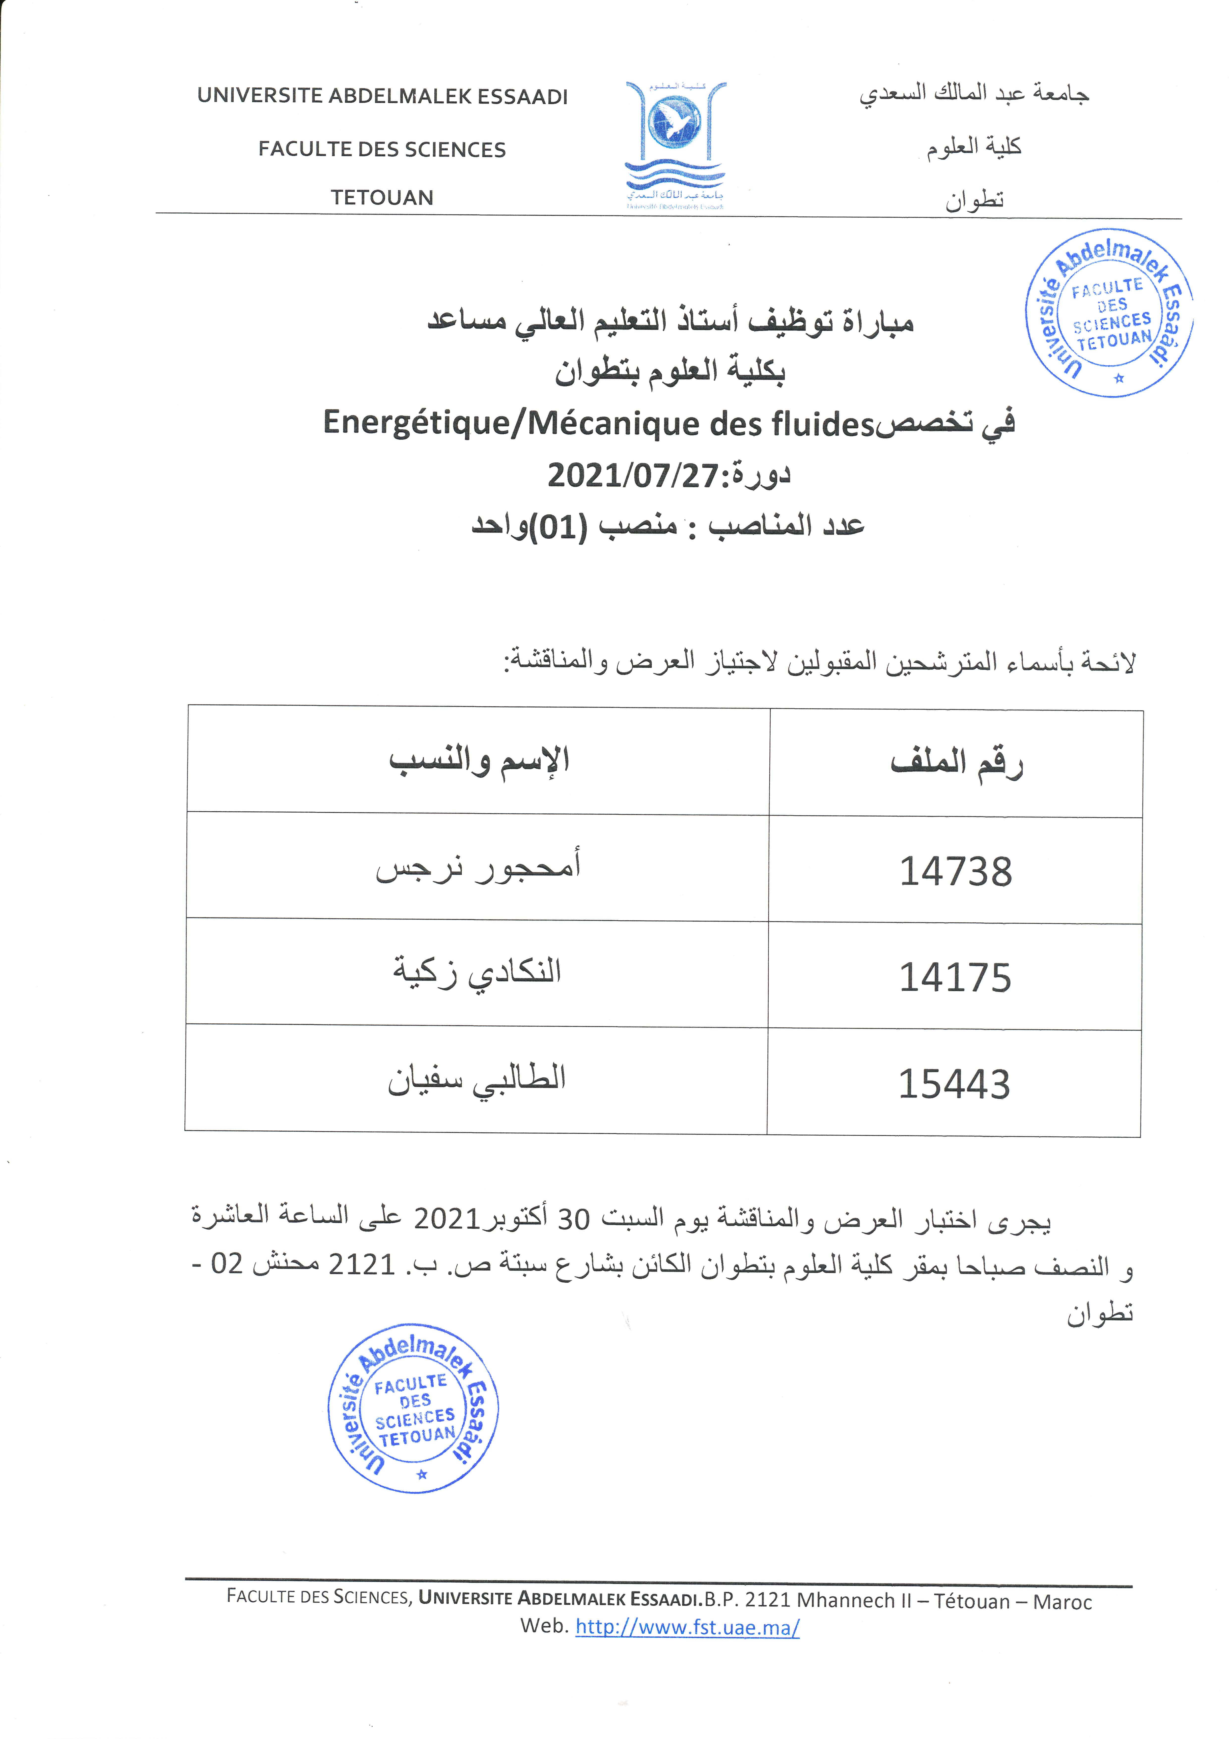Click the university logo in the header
click(675, 144)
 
